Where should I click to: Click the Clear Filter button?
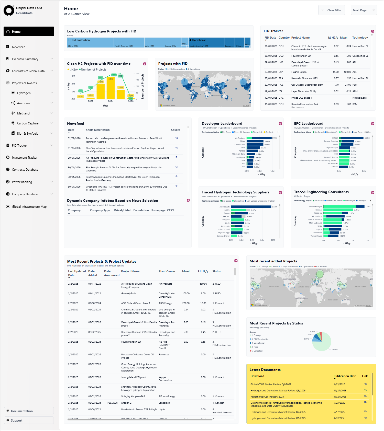[x=332, y=10]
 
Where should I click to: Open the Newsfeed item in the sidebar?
[x=19, y=47]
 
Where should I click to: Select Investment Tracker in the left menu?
[x=25, y=158]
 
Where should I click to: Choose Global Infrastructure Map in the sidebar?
[x=29, y=207]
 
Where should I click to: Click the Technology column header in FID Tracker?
[x=360, y=38]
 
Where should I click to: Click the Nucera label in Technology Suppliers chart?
[x=226, y=210]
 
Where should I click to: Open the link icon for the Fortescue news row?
[x=177, y=138]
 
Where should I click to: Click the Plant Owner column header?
[x=167, y=272]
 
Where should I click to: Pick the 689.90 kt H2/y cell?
[x=203, y=284]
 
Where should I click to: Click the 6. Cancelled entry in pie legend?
[x=258, y=351]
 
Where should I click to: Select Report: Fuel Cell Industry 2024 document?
[x=267, y=397]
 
